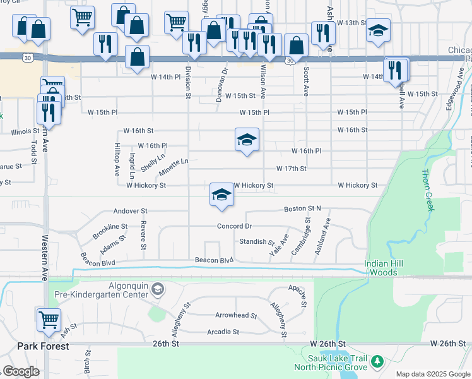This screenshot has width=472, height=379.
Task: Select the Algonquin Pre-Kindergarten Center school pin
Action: click(x=158, y=289)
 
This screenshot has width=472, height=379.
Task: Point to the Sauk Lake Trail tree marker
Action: click(x=377, y=361)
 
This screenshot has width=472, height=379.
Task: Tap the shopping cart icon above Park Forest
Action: click(x=49, y=320)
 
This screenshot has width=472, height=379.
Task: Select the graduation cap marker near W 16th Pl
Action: click(x=247, y=140)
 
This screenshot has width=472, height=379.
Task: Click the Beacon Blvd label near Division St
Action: click(x=214, y=260)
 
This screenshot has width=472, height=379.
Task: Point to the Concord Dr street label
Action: click(x=234, y=226)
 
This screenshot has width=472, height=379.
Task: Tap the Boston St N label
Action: click(x=302, y=208)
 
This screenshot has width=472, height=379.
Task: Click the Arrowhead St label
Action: click(x=236, y=315)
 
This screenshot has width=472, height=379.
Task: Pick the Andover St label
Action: click(x=130, y=211)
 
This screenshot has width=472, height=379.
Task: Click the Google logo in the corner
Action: click(x=21, y=371)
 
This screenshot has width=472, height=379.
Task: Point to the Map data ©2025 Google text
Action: click(x=432, y=374)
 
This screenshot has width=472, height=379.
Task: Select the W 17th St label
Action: click(x=291, y=169)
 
